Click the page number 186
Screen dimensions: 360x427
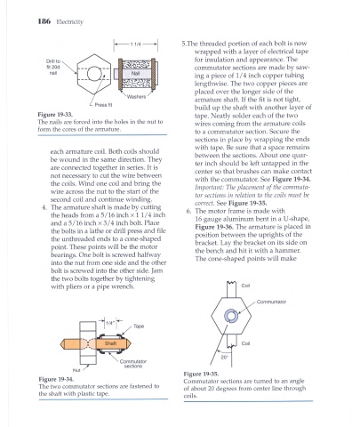point(44,21)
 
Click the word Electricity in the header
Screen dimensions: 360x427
point(70,21)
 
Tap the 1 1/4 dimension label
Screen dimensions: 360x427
point(136,44)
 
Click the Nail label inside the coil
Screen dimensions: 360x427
point(135,73)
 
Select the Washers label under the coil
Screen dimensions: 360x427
point(136,97)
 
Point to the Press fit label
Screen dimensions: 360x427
point(103,105)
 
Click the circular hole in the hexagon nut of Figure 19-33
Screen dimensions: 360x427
point(94,74)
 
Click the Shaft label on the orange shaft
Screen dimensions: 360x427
point(110,343)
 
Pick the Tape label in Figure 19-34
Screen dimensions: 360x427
point(139,326)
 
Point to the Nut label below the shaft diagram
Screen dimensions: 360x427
point(76,370)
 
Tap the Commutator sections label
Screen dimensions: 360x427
point(133,364)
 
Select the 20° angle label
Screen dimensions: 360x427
point(224,358)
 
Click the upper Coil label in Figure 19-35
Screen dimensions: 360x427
point(245,286)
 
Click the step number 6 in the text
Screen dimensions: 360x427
point(188,211)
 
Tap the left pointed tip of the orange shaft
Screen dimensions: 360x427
point(60,344)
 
